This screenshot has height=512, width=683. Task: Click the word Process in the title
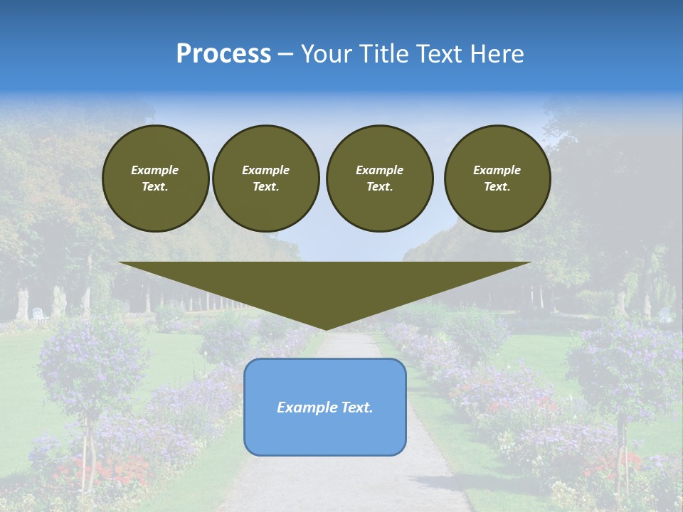click(223, 54)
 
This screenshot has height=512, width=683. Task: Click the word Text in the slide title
click(440, 54)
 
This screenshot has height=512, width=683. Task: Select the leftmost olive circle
click(155, 178)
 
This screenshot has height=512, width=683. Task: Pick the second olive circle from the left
click(265, 178)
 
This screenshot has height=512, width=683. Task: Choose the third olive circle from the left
click(379, 178)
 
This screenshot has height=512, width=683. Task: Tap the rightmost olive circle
click(497, 178)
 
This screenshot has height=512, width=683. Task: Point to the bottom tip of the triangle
click(325, 329)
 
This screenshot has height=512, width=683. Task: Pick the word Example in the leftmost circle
click(155, 170)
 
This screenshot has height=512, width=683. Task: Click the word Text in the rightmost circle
click(497, 187)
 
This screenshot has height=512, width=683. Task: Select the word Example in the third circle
click(379, 170)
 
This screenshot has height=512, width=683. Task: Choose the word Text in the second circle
click(265, 187)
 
